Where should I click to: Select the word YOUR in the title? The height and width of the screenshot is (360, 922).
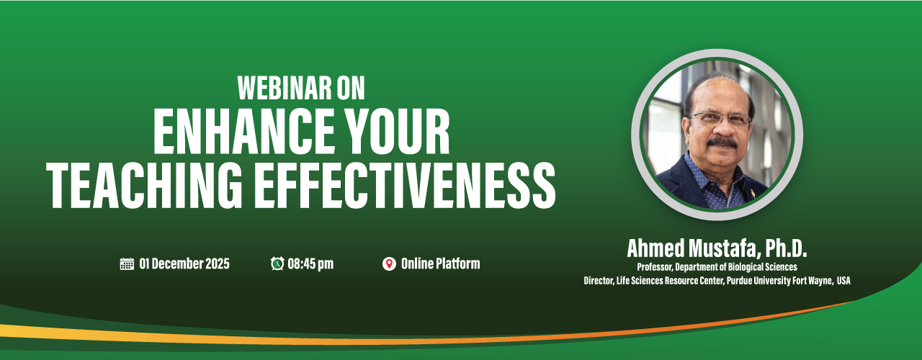click(x=397, y=132)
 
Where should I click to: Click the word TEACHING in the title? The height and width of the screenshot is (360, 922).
click(x=145, y=185)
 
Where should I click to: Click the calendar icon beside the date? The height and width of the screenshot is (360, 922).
click(x=127, y=264)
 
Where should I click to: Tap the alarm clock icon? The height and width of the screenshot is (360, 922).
click(x=277, y=264)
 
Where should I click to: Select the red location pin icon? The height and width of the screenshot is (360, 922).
click(x=389, y=264)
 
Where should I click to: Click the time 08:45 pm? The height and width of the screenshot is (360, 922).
click(x=310, y=264)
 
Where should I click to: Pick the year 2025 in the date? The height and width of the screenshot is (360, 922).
click(x=218, y=264)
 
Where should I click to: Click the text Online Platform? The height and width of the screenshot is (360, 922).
click(x=440, y=264)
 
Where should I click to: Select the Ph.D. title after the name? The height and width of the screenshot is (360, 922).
click(x=786, y=248)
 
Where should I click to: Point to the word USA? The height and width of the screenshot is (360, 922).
click(x=843, y=281)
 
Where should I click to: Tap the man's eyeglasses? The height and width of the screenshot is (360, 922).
click(x=720, y=120)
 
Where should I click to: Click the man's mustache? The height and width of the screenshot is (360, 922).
click(x=722, y=143)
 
